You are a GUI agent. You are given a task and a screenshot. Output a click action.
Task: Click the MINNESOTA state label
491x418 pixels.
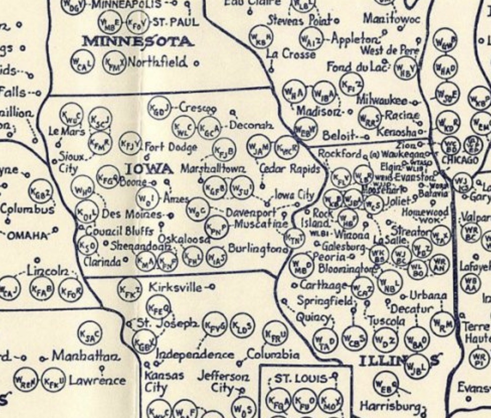(137, 42)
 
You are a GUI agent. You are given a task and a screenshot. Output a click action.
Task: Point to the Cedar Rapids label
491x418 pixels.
(289, 169)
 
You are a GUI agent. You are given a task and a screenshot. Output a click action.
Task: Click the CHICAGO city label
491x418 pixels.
(460, 160)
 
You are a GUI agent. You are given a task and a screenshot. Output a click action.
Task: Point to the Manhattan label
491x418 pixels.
(86, 357)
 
